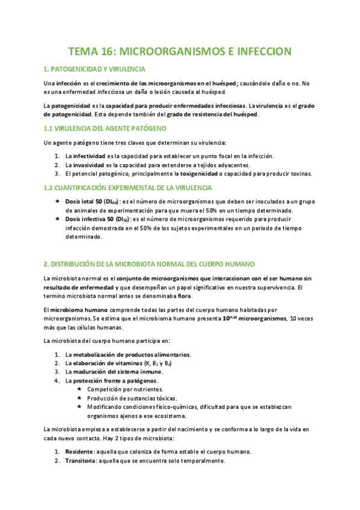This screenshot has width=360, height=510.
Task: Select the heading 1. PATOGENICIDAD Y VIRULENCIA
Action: (94, 69)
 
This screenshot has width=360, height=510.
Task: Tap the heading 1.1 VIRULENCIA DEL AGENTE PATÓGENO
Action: (105, 129)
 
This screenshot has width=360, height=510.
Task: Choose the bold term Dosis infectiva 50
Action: (88, 220)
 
